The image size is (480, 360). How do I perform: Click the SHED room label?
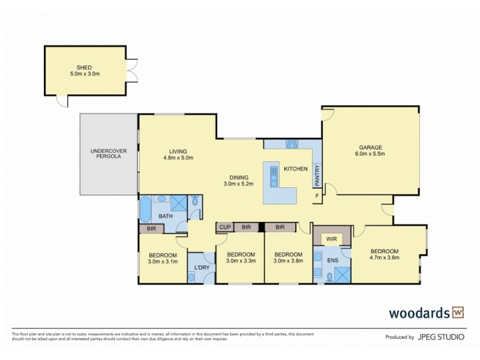click(84, 68)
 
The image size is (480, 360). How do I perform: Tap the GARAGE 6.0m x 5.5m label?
click(370, 151)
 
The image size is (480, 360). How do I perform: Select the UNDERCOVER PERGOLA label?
click(109, 154)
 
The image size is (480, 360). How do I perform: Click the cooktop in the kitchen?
click(292, 144)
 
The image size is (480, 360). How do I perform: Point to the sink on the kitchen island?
click(274, 176)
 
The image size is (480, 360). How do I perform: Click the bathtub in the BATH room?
click(145, 209)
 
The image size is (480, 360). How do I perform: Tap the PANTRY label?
click(317, 175)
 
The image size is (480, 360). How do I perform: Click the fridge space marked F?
click(317, 196)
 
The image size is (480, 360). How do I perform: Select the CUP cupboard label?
click(225, 227)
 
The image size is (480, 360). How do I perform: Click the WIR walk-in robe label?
click(332, 239)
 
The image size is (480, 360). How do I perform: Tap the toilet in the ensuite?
click(329, 277)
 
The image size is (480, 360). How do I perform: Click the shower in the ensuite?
click(342, 275)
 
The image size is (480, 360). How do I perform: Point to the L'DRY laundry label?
click(202, 268)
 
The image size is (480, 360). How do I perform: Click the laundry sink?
click(191, 278)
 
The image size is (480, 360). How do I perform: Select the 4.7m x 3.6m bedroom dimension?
click(385, 257)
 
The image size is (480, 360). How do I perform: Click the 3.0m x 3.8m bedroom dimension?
click(289, 261)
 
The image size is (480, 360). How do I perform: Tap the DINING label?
click(239, 178)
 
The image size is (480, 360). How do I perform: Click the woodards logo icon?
click(458, 313)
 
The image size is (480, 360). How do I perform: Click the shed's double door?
click(132, 70)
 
